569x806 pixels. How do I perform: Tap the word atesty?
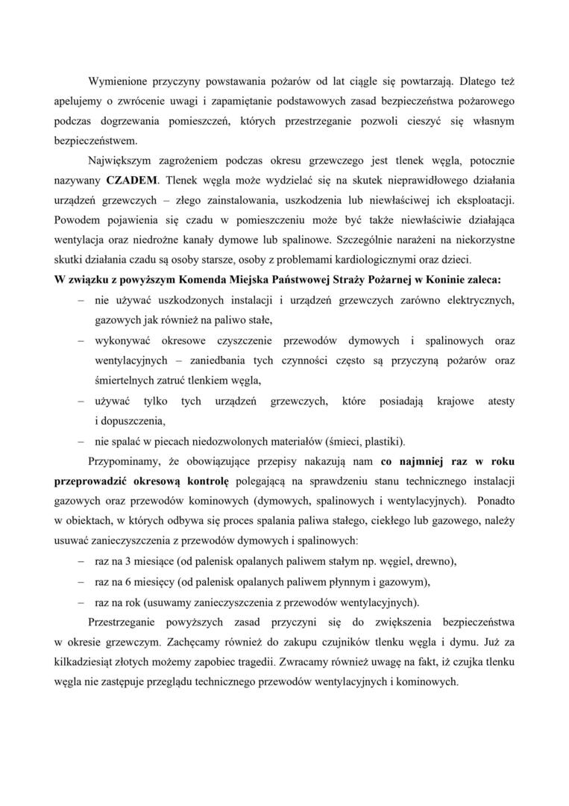(500, 401)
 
